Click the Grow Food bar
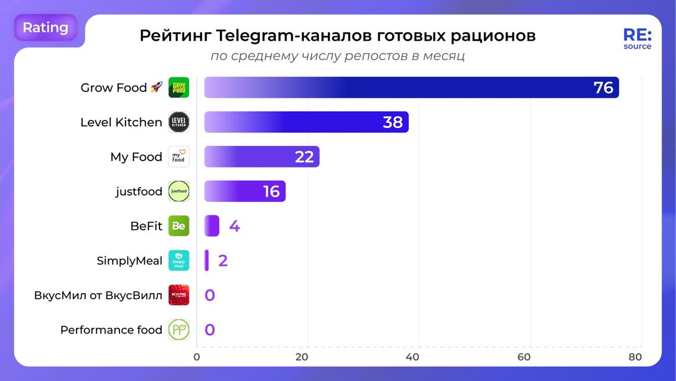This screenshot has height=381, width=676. pos(394,87)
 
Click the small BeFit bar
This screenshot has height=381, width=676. pos(212,226)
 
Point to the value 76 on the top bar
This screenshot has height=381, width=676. pos(603,88)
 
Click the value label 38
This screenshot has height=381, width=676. pos(393,122)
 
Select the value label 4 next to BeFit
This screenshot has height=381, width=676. pos(234,227)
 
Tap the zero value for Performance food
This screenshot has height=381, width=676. pos(210,330)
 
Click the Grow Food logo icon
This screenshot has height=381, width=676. pos(179,87)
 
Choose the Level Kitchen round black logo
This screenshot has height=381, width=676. pos(179,122)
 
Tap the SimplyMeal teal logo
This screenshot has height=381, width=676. pos(179,260)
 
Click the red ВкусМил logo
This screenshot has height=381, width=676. pos(179,295)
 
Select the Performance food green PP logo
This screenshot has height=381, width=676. pos(179,330)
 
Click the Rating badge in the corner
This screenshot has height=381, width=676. pos(46,28)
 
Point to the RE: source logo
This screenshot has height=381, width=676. pos(637,38)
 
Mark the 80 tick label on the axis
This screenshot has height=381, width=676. pos(635,357)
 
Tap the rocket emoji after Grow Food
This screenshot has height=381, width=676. pos(156,88)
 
